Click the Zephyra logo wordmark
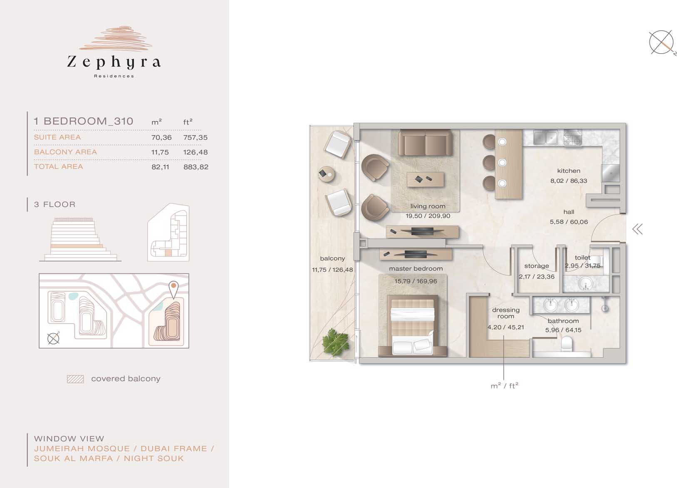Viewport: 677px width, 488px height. click(114, 62)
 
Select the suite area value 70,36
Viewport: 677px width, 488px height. click(162, 137)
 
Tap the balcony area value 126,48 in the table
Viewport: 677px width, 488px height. click(195, 152)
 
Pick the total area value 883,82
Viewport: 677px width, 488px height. click(196, 167)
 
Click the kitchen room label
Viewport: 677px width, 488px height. click(568, 171)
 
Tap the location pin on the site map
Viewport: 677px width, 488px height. click(174, 289)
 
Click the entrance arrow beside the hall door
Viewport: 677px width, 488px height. click(637, 229)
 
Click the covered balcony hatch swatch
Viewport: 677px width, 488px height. click(75, 379)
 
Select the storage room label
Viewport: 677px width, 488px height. click(536, 266)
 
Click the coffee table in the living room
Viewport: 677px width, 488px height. click(425, 180)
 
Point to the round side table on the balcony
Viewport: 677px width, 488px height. click(327, 174)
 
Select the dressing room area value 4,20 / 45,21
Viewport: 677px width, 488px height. click(505, 327)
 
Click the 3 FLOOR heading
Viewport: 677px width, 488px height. click(55, 204)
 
